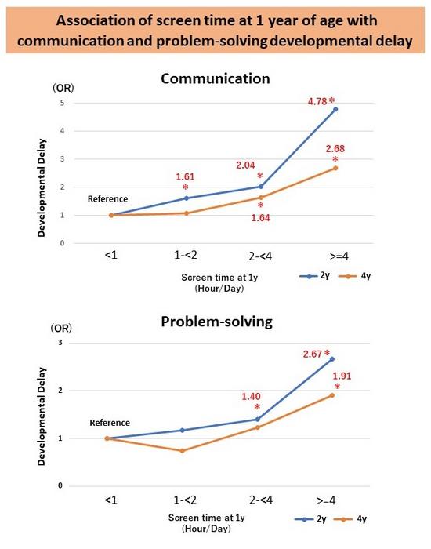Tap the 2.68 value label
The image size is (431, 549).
click(x=336, y=149)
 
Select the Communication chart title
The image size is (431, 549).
click(x=214, y=78)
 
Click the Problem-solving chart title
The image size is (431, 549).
click(x=214, y=321)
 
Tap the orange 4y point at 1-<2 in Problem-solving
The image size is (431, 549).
click(x=183, y=450)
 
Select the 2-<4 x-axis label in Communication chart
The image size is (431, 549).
click(x=259, y=256)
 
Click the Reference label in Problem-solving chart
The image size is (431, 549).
click(x=110, y=424)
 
